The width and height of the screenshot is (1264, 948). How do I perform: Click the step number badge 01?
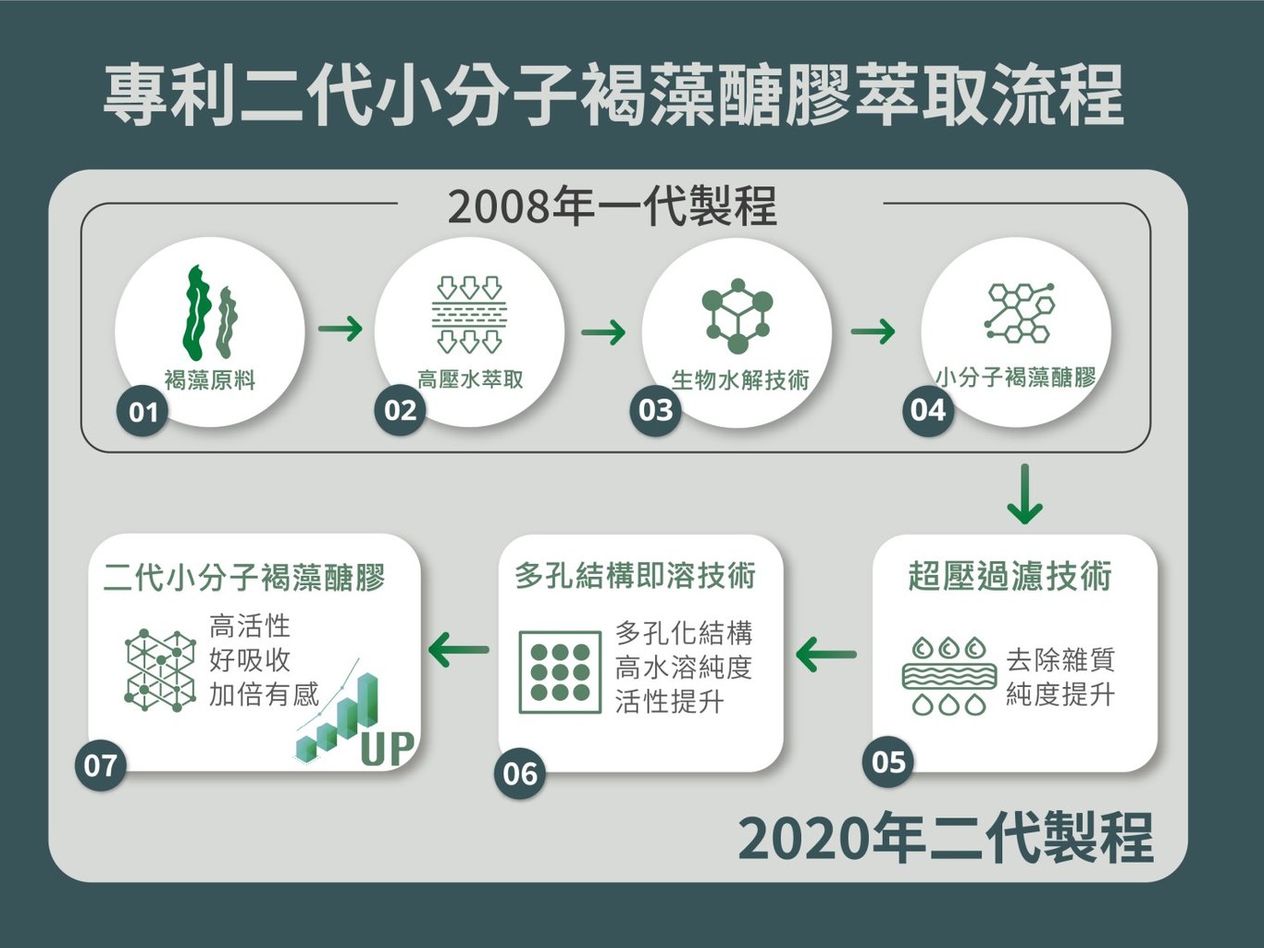[x=143, y=411]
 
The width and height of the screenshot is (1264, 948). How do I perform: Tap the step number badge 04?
[x=928, y=409]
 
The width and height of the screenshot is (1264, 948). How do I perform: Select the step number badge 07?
[x=100, y=766]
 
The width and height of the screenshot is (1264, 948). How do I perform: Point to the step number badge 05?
[x=888, y=761]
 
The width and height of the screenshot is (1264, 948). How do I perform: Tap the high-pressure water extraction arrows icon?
[x=469, y=314]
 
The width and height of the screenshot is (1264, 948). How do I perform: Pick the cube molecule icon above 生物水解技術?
[x=737, y=315]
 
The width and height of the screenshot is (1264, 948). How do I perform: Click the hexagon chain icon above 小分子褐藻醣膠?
[x=1018, y=313]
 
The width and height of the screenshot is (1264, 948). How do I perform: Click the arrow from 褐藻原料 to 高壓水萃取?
[x=340, y=329]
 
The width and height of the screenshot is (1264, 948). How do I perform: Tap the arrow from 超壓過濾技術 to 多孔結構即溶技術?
[x=825, y=655]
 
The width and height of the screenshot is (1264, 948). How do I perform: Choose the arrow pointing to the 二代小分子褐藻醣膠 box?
[x=459, y=650]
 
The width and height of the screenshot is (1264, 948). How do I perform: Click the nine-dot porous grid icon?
[x=561, y=672]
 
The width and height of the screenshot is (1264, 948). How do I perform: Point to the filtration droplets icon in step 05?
[x=949, y=676]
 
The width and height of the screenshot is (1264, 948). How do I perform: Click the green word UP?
[x=387, y=748]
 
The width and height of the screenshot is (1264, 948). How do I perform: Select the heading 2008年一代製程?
[x=612, y=206]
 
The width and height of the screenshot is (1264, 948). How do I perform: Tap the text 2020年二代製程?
[x=945, y=838]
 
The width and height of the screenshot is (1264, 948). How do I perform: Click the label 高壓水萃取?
[x=470, y=380]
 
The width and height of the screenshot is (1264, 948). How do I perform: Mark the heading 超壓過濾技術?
[x=1010, y=576]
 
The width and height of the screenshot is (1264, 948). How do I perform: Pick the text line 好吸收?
[x=250, y=660]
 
